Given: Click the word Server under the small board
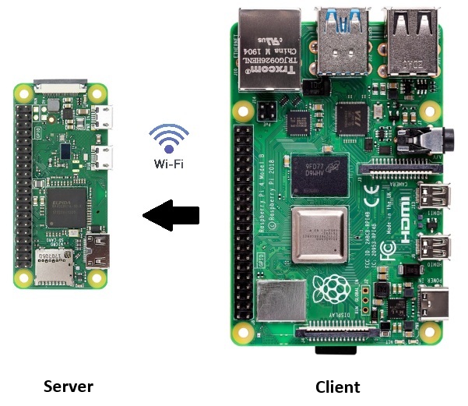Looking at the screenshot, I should click(69, 387).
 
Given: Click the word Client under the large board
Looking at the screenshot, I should click(337, 387).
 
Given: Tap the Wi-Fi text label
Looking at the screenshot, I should click(168, 164).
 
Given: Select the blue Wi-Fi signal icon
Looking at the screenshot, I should click(168, 139).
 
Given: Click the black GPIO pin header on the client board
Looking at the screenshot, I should click(244, 218).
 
